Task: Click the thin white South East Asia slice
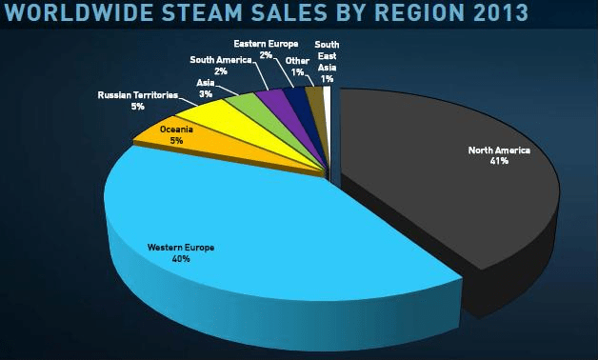point(328,95)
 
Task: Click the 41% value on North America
point(499,161)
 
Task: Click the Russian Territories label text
point(138,95)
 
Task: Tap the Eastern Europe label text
point(266,44)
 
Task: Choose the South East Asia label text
point(327,56)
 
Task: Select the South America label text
point(221,60)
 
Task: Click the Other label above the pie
point(296,60)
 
